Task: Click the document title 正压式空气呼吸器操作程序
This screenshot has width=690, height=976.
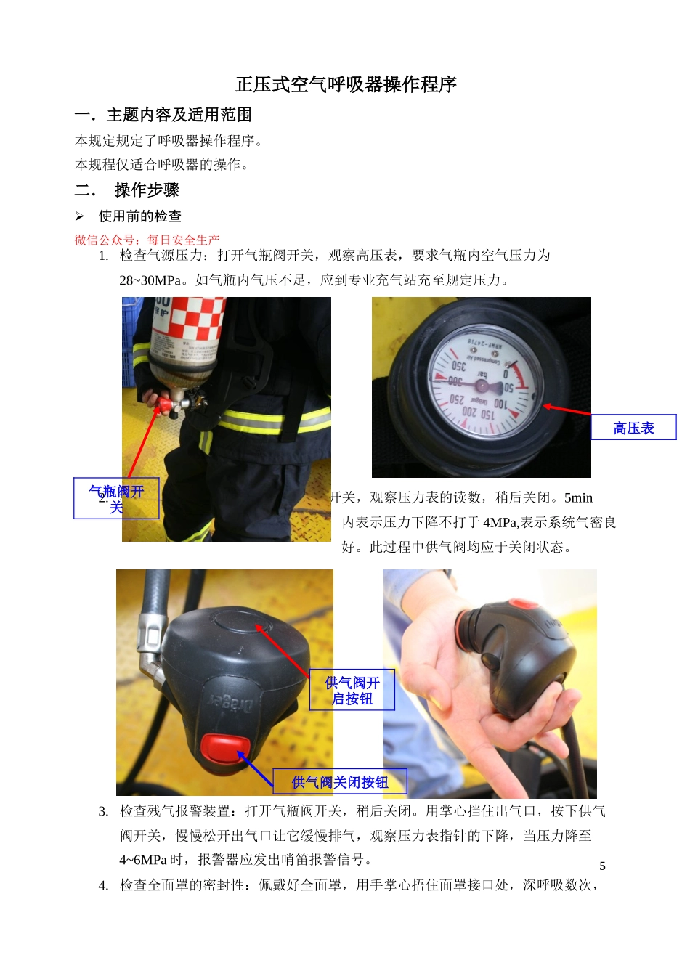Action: [346, 85]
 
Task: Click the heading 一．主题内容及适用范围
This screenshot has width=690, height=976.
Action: [163, 115]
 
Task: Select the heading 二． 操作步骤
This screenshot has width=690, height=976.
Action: [127, 190]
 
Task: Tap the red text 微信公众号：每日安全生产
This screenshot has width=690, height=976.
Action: [147, 240]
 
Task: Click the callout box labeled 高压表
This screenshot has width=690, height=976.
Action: [633, 428]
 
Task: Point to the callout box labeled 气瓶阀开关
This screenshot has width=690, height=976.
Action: [116, 499]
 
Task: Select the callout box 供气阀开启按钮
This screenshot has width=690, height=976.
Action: [352, 690]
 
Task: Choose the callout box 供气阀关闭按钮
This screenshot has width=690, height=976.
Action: [339, 782]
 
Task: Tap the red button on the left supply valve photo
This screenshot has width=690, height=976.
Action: [224, 748]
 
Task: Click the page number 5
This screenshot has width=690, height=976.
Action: [602, 866]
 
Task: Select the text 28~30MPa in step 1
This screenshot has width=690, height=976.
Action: [150, 280]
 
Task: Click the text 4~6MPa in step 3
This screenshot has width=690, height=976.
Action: [143, 860]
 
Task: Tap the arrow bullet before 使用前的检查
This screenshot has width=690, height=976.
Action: [80, 216]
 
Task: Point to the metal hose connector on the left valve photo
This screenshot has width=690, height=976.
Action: [150, 639]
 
